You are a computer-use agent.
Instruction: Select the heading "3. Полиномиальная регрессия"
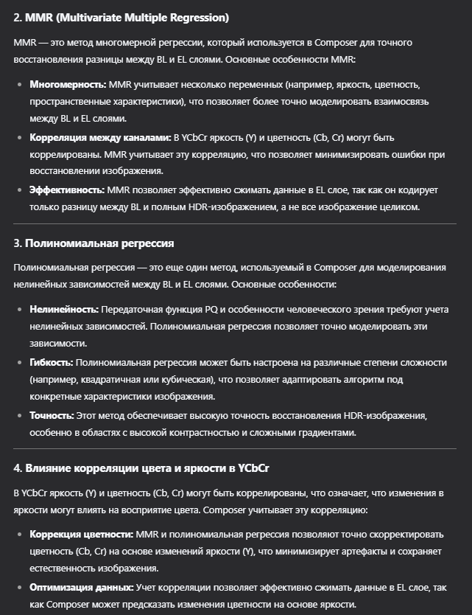[x=94, y=243]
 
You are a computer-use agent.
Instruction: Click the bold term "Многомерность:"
[x=68, y=85]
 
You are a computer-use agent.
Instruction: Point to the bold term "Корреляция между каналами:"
[x=100, y=137]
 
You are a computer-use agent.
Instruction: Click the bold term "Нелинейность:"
[x=64, y=310]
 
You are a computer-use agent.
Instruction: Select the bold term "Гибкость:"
[x=51, y=362]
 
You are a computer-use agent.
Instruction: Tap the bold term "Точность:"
[x=50, y=415]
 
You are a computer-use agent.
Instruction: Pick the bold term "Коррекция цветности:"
[x=81, y=534]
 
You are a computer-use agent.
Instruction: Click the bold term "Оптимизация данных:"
[x=81, y=587]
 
